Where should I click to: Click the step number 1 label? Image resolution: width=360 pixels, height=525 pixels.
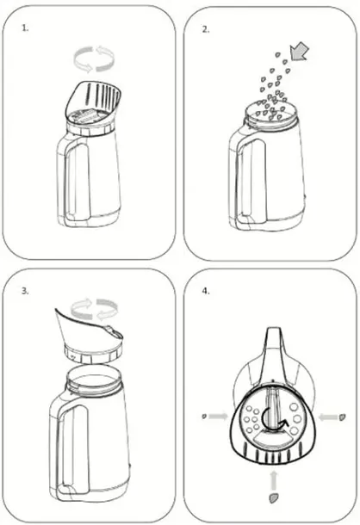[25, 28]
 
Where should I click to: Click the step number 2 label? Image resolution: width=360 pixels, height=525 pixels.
[206, 29]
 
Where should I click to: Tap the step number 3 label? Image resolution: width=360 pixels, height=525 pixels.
[25, 291]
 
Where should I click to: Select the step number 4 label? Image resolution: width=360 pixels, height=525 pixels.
[206, 291]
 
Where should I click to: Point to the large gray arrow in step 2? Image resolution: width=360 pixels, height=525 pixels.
[300, 52]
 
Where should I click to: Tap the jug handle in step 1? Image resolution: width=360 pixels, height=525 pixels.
[69, 181]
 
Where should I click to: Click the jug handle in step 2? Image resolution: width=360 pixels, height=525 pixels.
[242, 181]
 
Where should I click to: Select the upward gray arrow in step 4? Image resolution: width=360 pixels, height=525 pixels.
[274, 481]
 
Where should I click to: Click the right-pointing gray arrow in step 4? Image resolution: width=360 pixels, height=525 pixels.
[218, 417]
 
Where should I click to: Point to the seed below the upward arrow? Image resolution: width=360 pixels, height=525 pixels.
[274, 498]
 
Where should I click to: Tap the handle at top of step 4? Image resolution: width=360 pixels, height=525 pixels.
[274, 355]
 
